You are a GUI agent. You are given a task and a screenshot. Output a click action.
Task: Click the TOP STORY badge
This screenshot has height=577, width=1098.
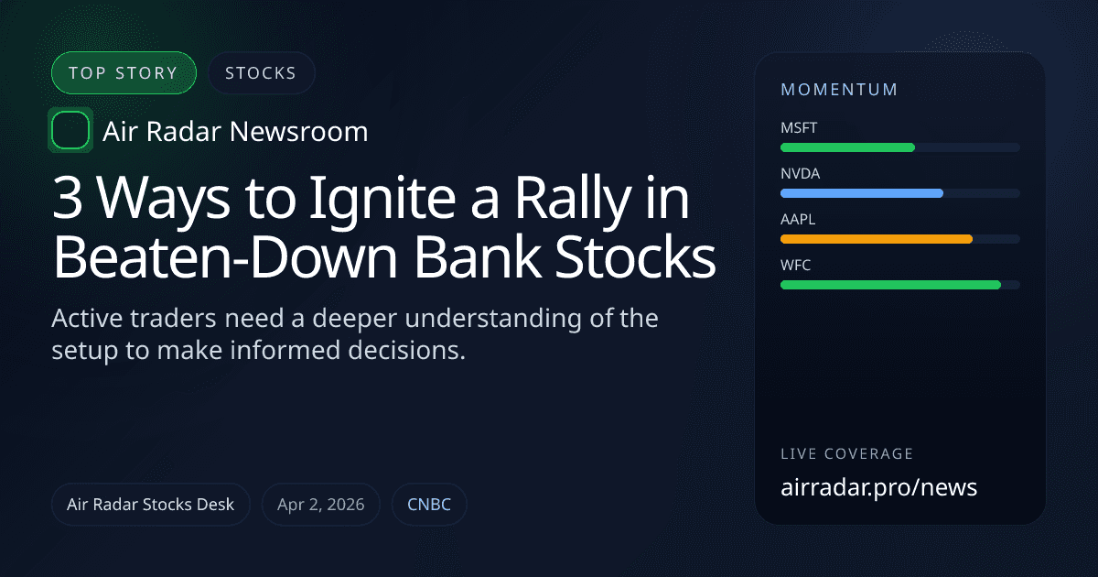[x=124, y=73]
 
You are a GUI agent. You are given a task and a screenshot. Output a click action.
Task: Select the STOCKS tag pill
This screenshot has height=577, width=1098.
[x=261, y=73]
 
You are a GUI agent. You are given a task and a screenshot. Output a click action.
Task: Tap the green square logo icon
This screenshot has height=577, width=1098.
[x=70, y=130]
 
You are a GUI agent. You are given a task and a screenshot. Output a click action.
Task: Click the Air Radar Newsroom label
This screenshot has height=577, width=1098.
[x=235, y=132]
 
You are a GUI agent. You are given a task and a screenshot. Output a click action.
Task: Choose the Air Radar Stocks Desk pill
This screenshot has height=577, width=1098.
[x=151, y=505]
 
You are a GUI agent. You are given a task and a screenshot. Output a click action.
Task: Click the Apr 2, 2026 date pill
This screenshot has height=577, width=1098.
[x=321, y=505]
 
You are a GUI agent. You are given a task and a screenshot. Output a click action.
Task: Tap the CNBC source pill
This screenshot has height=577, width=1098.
[x=429, y=505]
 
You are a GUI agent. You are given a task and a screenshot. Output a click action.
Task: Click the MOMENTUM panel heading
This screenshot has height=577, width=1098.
[x=839, y=90]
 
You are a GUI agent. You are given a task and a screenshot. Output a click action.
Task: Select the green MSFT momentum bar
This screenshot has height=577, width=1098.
[x=847, y=147]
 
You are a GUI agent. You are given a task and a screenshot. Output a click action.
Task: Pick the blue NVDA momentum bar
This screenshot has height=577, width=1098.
[x=861, y=193]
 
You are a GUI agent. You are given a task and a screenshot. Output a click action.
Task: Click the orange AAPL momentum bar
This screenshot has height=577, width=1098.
[x=876, y=239]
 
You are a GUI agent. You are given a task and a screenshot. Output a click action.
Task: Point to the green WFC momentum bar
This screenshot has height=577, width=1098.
[x=890, y=285]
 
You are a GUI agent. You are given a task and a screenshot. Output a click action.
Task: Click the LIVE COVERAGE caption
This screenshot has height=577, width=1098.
[x=846, y=454]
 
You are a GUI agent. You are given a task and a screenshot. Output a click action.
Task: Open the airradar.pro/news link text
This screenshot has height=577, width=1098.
[x=878, y=487]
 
